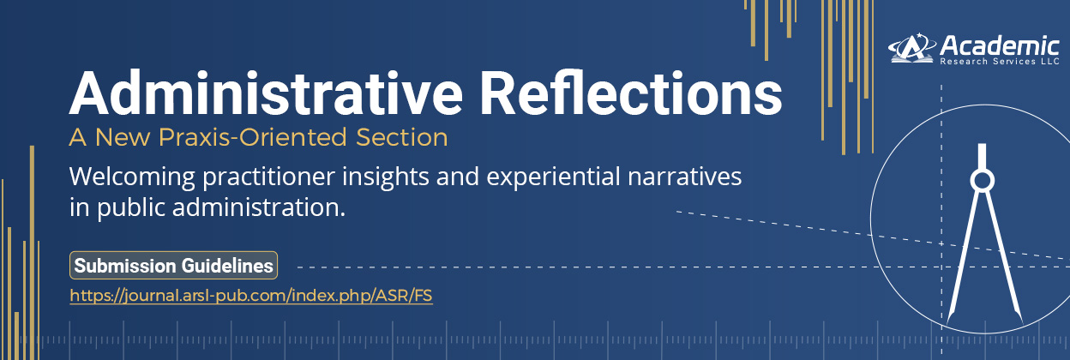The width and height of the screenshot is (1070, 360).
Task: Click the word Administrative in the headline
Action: pos(266,93)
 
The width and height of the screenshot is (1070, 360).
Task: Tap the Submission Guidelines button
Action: pos(173,266)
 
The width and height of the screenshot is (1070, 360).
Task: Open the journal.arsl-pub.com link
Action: pos(251,296)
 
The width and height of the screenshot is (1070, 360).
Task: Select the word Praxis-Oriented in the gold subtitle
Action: pos(252,137)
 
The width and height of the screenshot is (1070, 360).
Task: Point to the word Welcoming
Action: pos(132,177)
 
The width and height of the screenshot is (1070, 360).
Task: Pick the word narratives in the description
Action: pos(684,177)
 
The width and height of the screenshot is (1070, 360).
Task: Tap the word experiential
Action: pos(553,177)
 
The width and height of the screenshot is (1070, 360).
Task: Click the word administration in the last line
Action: pos(258,207)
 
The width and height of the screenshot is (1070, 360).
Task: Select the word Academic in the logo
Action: pos(1000,46)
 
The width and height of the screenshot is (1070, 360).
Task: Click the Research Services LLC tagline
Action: pos(1000,62)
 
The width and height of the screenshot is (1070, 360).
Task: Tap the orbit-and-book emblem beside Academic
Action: pos(912,48)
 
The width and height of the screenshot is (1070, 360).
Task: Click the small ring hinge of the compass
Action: pos(982,181)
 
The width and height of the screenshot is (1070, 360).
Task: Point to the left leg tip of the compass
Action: pos(948,324)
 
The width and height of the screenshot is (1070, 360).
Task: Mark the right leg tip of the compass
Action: pos(1021,324)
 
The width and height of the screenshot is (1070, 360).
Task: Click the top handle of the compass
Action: pos(982,157)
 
